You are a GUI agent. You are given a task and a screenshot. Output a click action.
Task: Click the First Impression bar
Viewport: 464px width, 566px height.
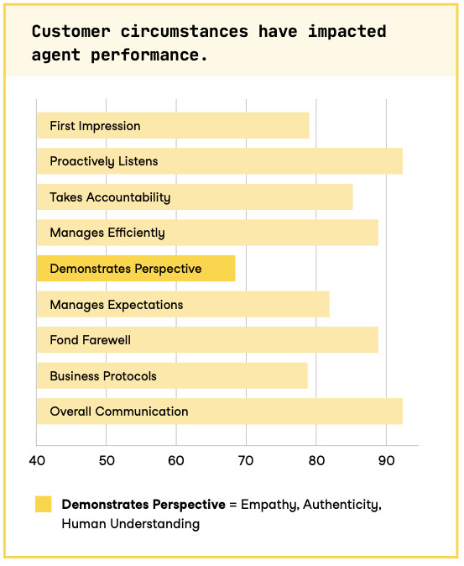coord(172,126)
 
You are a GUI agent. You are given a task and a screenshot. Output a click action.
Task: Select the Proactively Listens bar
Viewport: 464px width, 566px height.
coord(219,161)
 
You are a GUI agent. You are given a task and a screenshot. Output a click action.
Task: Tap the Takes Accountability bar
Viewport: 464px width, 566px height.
coord(194,197)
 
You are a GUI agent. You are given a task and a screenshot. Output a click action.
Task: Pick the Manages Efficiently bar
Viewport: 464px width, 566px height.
coord(206,233)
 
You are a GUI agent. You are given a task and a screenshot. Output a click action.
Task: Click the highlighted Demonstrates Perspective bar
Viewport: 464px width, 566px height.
coord(135,269)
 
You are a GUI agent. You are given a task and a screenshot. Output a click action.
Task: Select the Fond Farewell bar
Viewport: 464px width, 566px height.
coord(206,340)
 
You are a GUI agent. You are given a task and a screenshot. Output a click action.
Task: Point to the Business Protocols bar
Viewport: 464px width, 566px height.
coord(171,376)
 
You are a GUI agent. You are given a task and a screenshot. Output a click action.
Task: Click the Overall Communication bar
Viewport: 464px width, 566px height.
coord(219,411)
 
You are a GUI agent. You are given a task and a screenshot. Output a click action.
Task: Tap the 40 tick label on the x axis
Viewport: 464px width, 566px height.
coord(36,460)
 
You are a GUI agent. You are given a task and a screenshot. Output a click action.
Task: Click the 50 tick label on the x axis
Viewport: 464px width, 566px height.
coord(107,460)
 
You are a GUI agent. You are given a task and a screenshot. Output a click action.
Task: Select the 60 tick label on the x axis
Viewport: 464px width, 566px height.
coord(176,460)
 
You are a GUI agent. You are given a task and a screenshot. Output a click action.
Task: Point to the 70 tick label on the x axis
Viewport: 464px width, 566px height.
coord(246,460)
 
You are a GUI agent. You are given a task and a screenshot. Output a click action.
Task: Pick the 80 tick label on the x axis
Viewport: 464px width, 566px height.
coord(316,460)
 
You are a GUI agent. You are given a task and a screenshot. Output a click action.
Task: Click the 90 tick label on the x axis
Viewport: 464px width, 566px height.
coord(386,460)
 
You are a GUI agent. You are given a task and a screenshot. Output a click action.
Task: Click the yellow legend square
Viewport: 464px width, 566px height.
coord(43,504)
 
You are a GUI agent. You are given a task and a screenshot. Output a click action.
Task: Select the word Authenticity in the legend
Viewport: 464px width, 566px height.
coord(343,505)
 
